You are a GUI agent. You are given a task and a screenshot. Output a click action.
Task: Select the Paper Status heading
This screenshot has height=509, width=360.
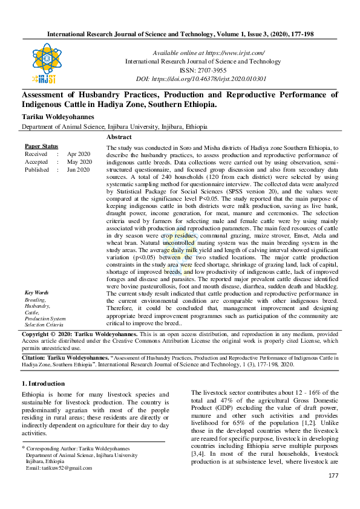(x=41, y=146)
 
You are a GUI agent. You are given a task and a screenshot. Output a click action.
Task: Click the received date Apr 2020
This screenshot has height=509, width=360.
(x=78, y=154)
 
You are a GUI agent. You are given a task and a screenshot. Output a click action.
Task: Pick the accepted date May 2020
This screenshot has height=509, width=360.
(x=79, y=162)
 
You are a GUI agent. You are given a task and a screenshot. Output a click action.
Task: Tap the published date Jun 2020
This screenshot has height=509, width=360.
(x=79, y=170)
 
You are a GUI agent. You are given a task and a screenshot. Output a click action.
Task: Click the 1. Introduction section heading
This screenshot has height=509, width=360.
(x=43, y=383)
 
